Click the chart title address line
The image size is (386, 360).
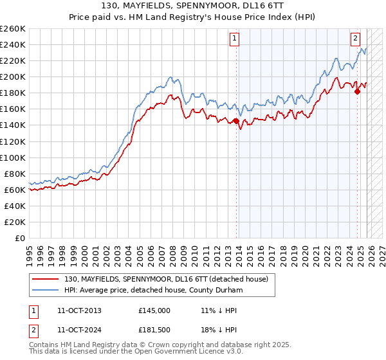[x=193, y=5]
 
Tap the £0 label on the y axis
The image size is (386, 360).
[x=21, y=238]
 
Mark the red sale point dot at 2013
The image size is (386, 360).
[x=236, y=120]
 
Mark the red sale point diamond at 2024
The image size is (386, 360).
[x=358, y=91]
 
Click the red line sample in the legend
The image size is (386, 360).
[x=46, y=278]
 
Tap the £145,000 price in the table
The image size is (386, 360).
[x=154, y=310]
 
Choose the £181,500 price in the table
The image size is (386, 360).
[x=154, y=331]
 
